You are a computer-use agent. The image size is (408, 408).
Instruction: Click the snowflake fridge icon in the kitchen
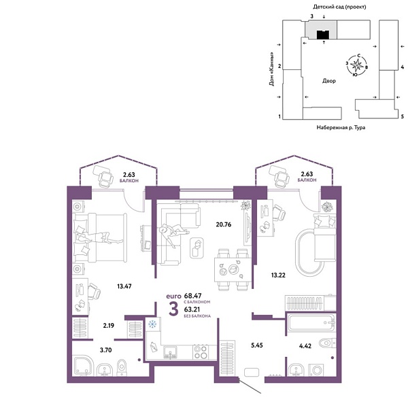tap(152, 324)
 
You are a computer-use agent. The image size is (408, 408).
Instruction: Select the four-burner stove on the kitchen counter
tap(201, 352)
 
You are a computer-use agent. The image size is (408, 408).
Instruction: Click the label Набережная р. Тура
tap(341, 128)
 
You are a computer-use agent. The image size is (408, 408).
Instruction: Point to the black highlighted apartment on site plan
tap(324, 34)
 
